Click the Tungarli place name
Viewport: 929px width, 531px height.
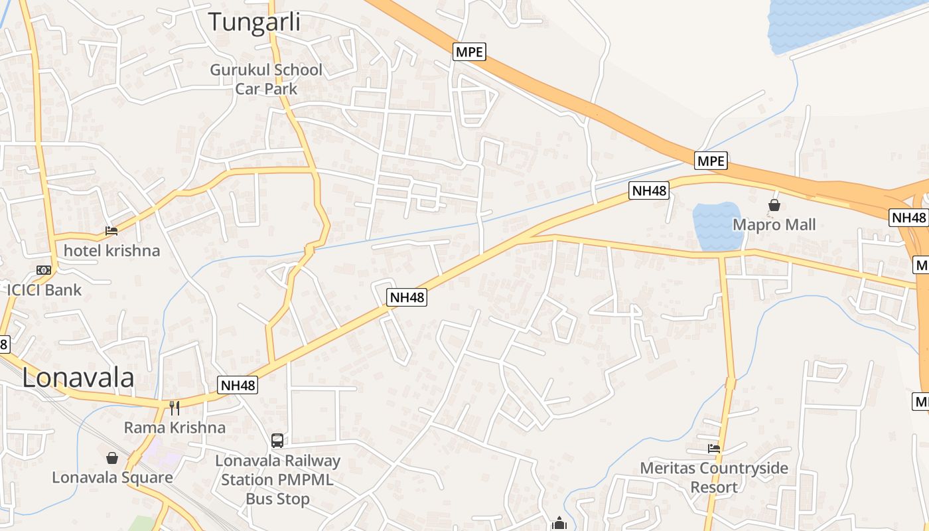254,21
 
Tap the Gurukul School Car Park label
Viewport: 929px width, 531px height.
266,79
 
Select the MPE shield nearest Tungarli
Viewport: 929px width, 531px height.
469,52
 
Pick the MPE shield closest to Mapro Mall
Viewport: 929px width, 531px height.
711,161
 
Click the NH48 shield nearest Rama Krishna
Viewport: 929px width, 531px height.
237,385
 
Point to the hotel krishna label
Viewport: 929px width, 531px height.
111,250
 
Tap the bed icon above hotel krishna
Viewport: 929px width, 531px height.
111,231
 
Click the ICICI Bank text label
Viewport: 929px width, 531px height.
44,289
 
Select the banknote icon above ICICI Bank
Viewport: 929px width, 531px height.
44,270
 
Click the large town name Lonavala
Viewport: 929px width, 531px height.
78,378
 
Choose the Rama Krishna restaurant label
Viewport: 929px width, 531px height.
175,427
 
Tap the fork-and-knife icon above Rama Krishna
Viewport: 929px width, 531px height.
175,407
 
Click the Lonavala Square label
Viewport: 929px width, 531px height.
112,477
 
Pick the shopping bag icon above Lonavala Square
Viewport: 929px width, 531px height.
112,458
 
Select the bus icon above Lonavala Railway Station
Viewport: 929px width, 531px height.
277,440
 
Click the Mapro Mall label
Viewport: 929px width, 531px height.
774,224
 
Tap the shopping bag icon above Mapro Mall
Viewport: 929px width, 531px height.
774,206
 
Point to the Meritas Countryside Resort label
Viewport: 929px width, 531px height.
714,477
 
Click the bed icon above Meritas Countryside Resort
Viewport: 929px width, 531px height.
714,449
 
